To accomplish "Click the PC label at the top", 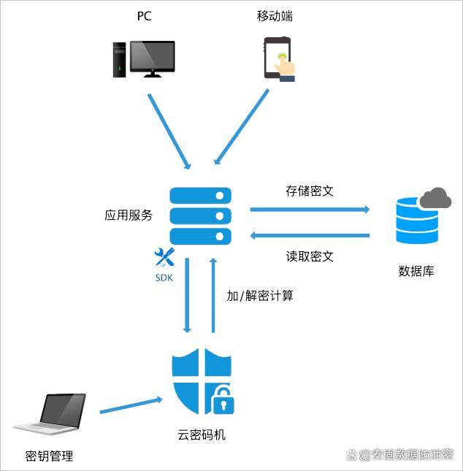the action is coord(144,16).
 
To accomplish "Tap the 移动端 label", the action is coord(275,16).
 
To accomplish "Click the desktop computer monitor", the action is coord(153,59).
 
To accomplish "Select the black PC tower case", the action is coord(119,60).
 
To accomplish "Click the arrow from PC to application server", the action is coord(169,131).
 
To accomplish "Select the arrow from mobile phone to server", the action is coord(241,126).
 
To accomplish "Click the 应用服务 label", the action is coord(129,215).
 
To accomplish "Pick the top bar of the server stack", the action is coord(200,196).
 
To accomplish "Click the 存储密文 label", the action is coord(310,191).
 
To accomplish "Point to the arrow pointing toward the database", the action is coord(310,209).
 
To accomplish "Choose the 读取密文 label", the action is coord(310,256).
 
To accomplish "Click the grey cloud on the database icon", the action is coord(435,198).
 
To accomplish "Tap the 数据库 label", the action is coord(416,271).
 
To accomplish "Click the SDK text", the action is coord(164,277).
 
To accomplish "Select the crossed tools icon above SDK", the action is coord(164,257).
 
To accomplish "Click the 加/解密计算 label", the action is coord(260,296).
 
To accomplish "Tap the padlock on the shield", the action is coord(223,400).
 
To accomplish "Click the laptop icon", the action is coord(50,414).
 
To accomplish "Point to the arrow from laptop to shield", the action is coord(131,405).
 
